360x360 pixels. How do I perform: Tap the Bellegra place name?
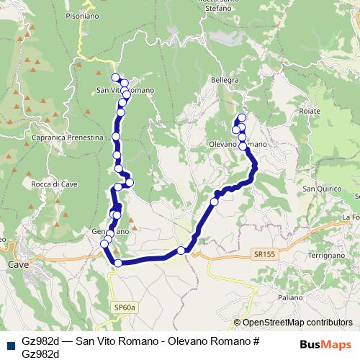click(x=224, y=80)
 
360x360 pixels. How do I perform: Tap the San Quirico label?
click(x=320, y=189)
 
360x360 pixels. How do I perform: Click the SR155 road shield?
click(x=264, y=254)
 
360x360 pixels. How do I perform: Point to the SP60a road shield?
click(x=124, y=307)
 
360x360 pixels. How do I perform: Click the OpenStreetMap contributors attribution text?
click(x=293, y=323)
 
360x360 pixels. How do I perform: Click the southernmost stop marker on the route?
click(x=118, y=263)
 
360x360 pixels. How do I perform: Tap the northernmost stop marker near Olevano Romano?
click(x=241, y=117)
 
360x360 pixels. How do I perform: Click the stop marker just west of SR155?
click(x=181, y=251)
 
